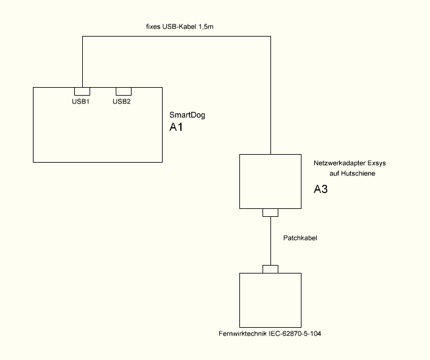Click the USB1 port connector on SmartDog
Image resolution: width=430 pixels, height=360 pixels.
[x=82, y=91]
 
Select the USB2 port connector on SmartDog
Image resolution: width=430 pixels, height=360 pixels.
[x=124, y=91]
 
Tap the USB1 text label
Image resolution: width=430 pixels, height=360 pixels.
[x=81, y=101]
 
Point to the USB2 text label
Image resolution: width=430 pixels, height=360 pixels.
[x=122, y=101]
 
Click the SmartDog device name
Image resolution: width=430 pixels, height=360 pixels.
[x=188, y=115]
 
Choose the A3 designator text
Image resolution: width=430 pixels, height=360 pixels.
[x=321, y=189]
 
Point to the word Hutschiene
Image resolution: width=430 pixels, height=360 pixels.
[x=359, y=174]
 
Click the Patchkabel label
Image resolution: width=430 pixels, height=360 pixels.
[x=300, y=238]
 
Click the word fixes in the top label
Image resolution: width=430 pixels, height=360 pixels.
[x=153, y=27]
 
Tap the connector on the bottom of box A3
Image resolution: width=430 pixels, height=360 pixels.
[x=270, y=213]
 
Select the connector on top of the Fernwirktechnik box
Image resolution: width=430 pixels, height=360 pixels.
[x=270, y=269]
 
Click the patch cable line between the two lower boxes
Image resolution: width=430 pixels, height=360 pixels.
[x=270, y=241]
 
